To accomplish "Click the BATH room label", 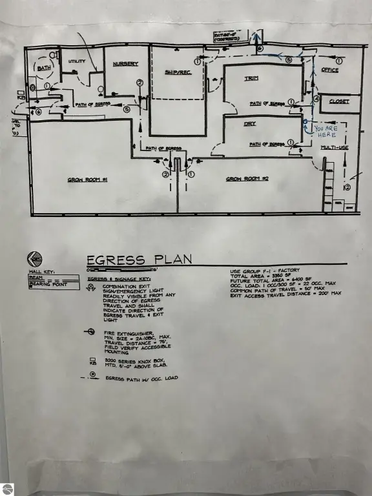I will [44, 68].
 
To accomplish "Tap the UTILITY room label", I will [77, 61].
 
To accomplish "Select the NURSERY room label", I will [125, 64].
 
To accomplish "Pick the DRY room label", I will [251, 123].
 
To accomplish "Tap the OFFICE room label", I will [330, 70].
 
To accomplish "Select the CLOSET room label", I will [338, 102].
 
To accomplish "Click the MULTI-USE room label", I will [335, 148].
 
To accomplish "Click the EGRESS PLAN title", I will [139, 260].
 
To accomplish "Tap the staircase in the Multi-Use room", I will [328, 185].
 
